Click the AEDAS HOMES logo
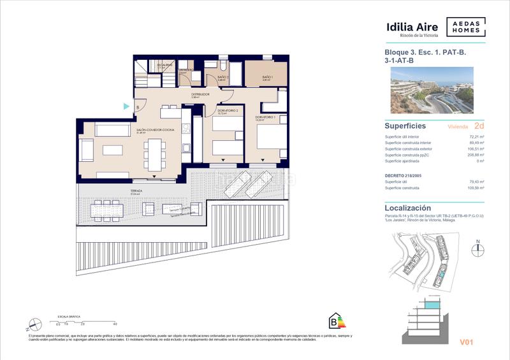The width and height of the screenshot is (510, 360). pos(465,27)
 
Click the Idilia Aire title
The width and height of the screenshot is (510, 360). pos(412,27)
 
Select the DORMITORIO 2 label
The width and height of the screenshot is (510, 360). pos(227,111)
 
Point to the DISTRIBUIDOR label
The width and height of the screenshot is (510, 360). pos(200,94)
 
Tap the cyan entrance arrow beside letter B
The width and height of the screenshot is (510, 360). pos(127,106)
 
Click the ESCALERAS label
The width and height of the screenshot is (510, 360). pos(165,65)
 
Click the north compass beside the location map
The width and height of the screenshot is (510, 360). pos(477,250)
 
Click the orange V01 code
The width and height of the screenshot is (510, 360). pos(468,343)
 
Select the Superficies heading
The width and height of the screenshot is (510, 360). pos(405,126)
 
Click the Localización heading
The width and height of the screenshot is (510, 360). pos(408,208)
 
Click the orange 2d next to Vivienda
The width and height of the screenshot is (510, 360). pos(479,126)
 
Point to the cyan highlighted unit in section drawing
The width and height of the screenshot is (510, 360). pos(433,307)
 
